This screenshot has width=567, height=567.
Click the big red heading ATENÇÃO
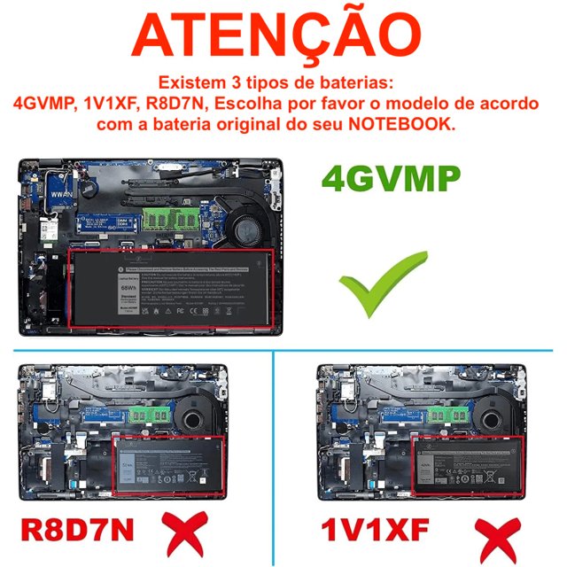[x=283, y=36]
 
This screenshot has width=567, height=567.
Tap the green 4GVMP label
[x=391, y=179]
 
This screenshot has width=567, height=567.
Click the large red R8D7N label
[x=78, y=529]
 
